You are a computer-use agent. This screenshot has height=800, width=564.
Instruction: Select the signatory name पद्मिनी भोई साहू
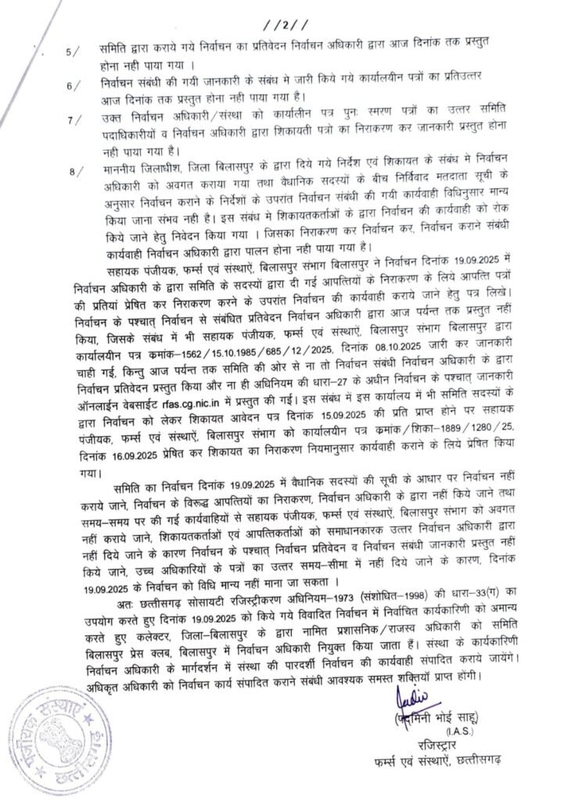(x=435, y=716)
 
